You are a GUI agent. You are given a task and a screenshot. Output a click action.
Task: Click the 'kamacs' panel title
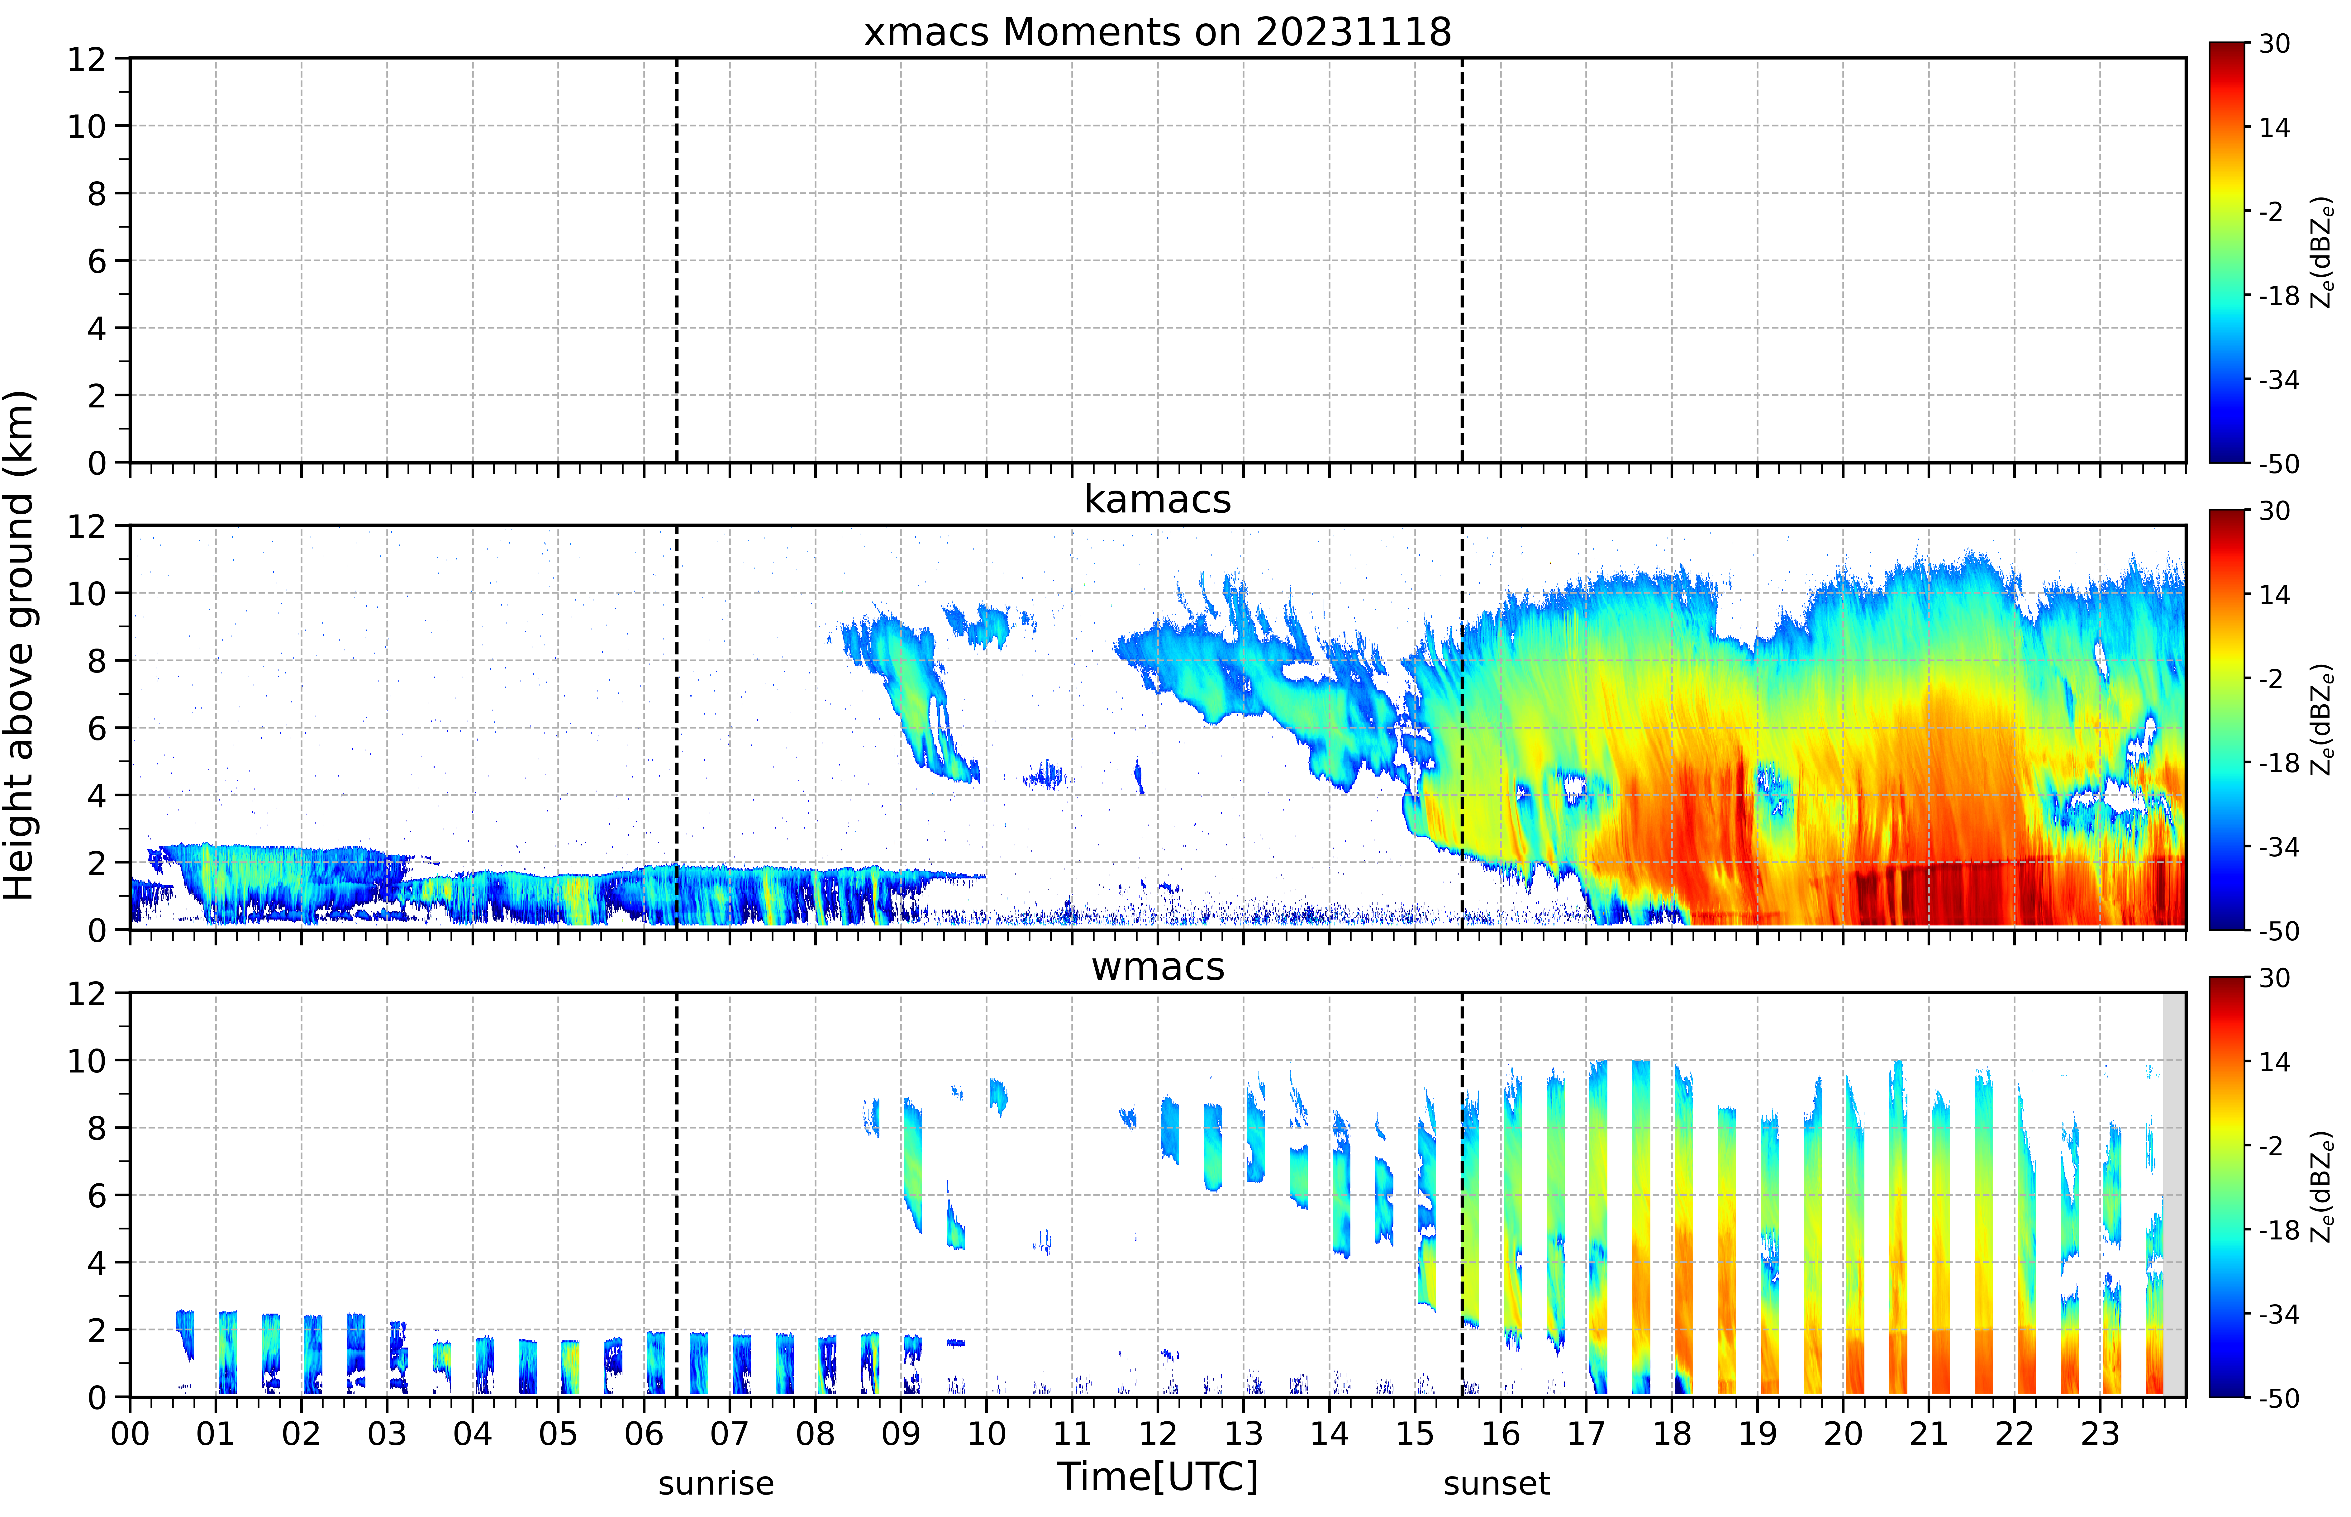point(1157,499)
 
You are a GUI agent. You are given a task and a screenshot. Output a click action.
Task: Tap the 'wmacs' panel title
point(1157,966)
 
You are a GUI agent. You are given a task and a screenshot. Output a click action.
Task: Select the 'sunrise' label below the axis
point(716,1483)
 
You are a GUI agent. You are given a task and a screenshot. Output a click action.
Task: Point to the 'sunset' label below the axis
point(1496,1483)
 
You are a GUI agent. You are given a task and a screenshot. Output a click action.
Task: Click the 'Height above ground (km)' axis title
point(20,645)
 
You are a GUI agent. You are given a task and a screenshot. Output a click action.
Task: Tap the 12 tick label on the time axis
point(1157,1433)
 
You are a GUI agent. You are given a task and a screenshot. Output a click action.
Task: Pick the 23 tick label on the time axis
point(2099,1433)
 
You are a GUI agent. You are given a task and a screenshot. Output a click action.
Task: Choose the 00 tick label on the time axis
point(130,1433)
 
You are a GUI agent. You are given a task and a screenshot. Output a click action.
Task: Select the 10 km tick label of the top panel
point(87,126)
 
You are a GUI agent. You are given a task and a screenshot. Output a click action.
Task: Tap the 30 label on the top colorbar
point(2274,44)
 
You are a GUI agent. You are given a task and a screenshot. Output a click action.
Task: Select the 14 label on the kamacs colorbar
point(2274,595)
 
